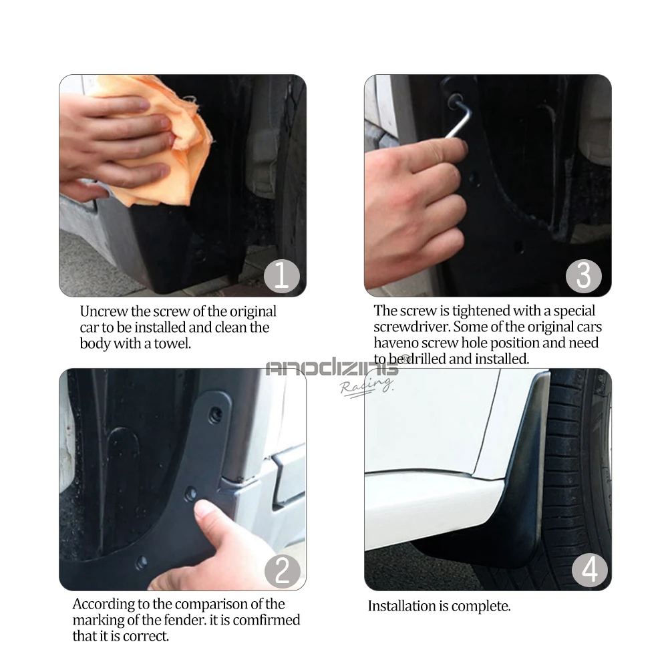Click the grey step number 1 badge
coord(282,275)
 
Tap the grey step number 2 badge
coord(282,571)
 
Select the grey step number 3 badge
coord(584,276)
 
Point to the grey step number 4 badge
coord(590,569)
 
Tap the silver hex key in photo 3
coord(458,112)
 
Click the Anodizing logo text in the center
coord(332,368)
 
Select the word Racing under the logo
coord(366,386)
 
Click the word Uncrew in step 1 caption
coord(104,311)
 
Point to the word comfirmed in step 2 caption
coord(267,620)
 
